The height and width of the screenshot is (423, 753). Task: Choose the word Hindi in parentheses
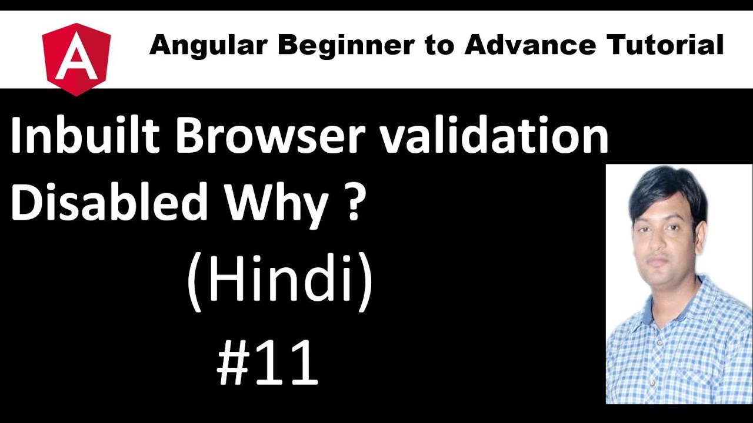279,282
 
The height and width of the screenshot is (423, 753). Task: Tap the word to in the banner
437,45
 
